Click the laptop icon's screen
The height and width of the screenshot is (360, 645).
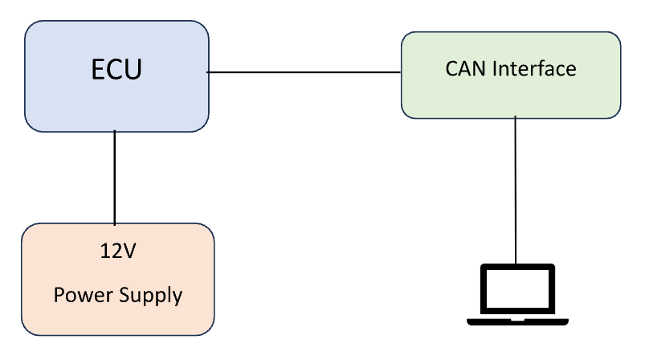(x=516, y=289)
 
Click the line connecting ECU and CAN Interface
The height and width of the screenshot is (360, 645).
(x=305, y=72)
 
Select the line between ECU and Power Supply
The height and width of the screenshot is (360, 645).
(x=115, y=177)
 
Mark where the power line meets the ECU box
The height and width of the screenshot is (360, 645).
(x=115, y=132)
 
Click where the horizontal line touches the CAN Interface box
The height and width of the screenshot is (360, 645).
(x=402, y=72)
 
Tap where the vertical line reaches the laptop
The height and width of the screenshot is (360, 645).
(x=516, y=263)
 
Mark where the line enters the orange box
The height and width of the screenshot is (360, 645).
(x=115, y=224)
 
